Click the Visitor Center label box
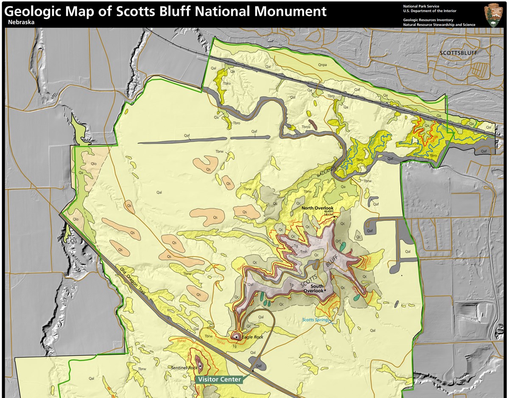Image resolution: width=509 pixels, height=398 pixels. (x=219, y=379)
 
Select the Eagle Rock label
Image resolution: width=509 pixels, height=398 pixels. (x=253, y=337)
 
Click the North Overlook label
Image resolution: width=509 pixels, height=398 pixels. (x=318, y=208)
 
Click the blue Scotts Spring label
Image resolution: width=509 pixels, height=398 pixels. (x=315, y=320)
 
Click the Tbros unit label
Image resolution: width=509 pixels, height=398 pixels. (x=306, y=127)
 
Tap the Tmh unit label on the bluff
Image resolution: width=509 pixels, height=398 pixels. (x=304, y=252)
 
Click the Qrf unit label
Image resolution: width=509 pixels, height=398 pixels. (x=338, y=241)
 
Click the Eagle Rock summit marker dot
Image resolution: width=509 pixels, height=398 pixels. (x=236, y=336)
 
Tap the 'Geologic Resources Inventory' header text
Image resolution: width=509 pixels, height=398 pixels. (x=428, y=20)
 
